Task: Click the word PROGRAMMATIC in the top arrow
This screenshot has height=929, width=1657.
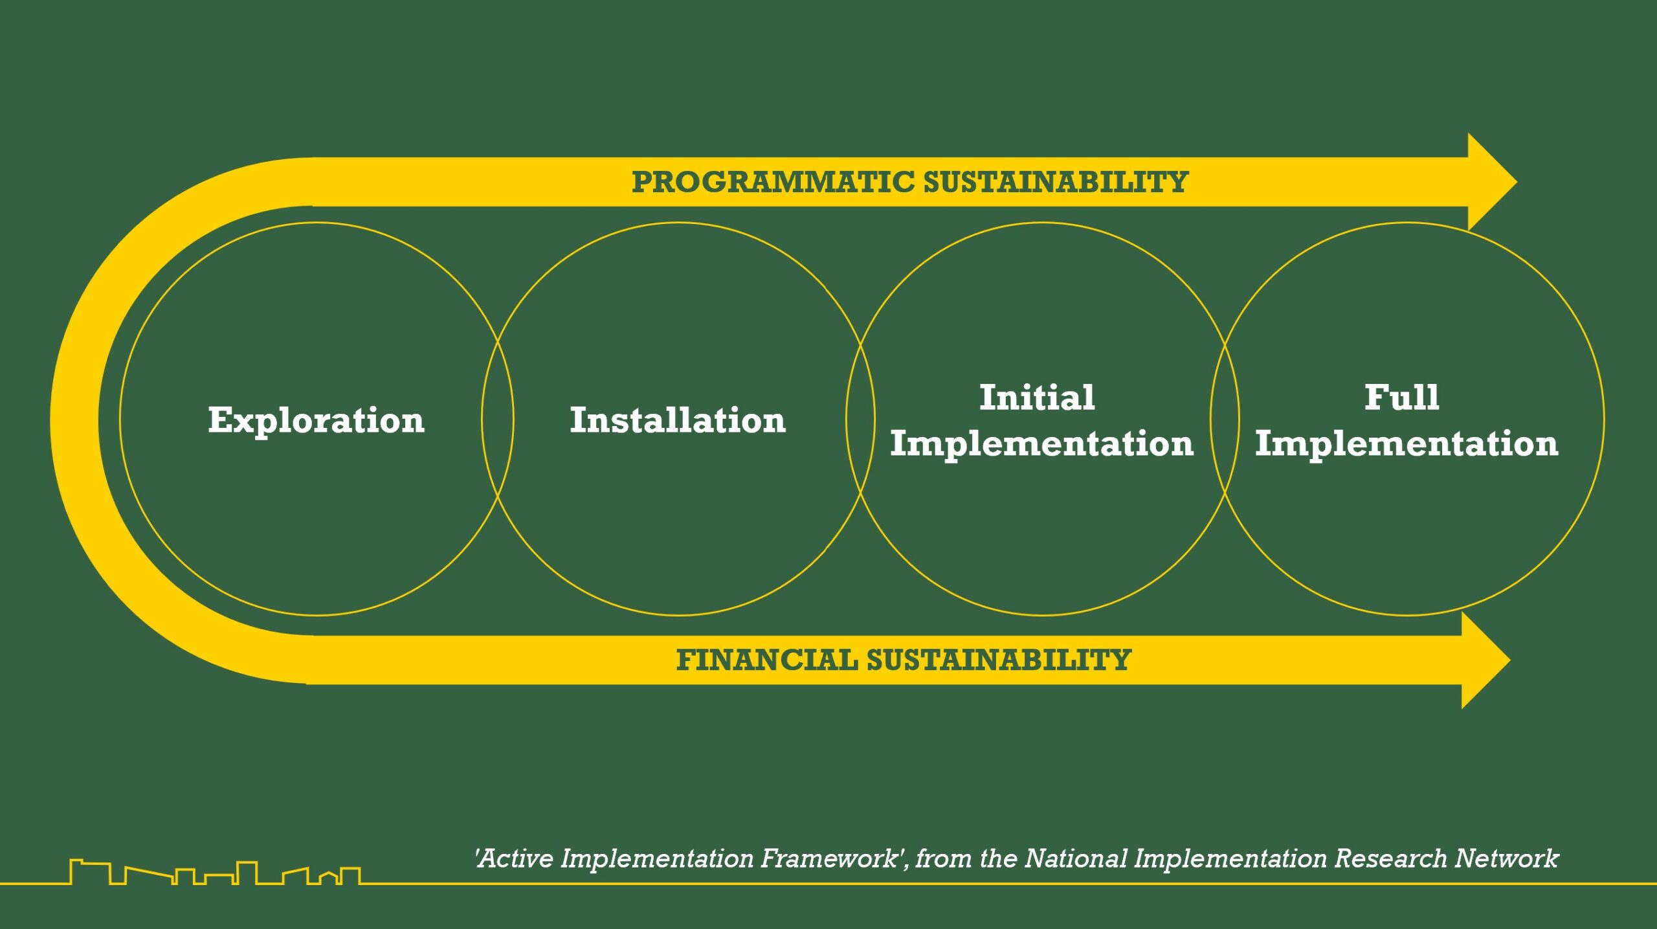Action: point(773,182)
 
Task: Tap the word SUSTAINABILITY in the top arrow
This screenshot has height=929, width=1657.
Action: point(1056,182)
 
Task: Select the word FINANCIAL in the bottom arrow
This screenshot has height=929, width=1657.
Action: point(767,660)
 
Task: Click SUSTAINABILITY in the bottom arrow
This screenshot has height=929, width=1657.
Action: point(999,660)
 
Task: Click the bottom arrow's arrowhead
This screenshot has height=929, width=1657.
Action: point(1486,660)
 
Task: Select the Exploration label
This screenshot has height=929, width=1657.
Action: point(316,421)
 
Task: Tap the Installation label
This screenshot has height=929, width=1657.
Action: point(678,421)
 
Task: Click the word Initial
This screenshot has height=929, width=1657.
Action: point(1037,397)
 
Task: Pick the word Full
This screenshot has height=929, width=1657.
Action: point(1402,397)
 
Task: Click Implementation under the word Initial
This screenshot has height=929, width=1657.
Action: point(1041,444)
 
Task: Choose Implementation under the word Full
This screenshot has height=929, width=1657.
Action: point(1407,444)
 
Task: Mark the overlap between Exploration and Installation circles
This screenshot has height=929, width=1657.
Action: point(498,419)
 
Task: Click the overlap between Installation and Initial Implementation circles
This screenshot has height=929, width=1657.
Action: point(860,419)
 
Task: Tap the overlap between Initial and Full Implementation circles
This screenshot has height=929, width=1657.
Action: point(1225,419)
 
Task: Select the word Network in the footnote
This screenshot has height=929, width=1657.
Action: point(1507,859)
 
